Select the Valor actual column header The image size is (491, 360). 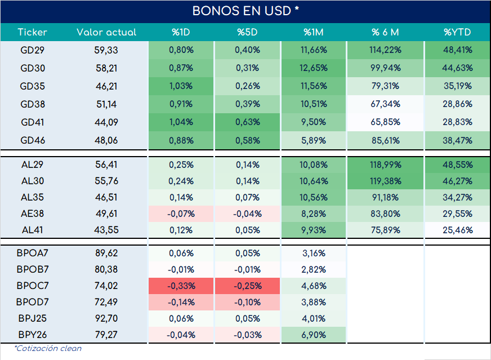106,32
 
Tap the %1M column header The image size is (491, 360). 314,32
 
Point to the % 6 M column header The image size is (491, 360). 385,32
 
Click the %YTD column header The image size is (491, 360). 457,32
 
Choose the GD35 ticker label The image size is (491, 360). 32,86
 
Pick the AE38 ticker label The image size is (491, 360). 32,214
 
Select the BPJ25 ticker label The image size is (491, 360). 32,318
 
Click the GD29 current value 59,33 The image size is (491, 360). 106,50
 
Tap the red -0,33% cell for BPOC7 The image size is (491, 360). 181,286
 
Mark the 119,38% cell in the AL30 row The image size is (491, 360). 385,181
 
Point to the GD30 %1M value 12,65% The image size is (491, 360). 314,68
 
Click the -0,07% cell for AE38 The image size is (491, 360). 181,214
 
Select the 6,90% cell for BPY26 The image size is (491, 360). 314,335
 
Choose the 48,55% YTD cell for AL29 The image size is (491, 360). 457,165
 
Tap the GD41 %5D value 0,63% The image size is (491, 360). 247,122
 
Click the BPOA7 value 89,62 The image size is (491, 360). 106,253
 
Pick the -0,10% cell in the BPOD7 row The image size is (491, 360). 247,302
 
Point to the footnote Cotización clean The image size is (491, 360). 48,348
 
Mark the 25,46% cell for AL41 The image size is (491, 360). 457,230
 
